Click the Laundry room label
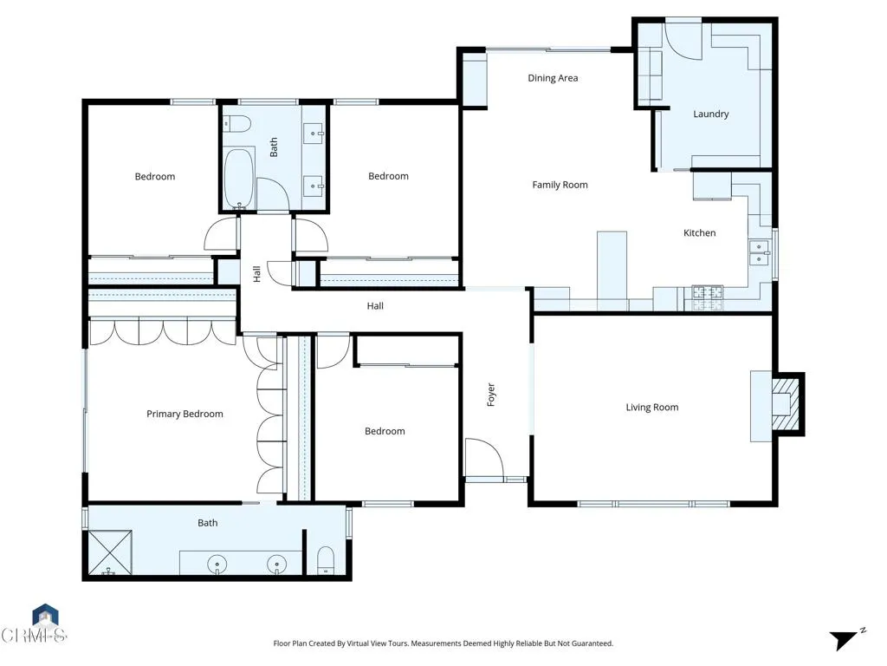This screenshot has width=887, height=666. (x=710, y=114)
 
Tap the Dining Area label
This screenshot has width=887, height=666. (x=553, y=78)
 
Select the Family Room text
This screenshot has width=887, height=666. (x=560, y=185)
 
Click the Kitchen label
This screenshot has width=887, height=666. (x=699, y=232)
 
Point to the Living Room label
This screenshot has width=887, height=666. (x=651, y=408)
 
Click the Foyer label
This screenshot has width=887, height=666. (x=491, y=395)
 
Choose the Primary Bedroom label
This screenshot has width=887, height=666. (x=185, y=414)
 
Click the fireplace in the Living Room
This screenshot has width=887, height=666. (x=784, y=403)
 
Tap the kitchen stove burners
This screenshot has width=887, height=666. (x=707, y=297)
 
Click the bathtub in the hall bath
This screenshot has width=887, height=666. (x=238, y=178)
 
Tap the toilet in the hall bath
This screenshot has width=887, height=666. (x=236, y=123)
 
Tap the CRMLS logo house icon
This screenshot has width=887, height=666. (x=45, y=617)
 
